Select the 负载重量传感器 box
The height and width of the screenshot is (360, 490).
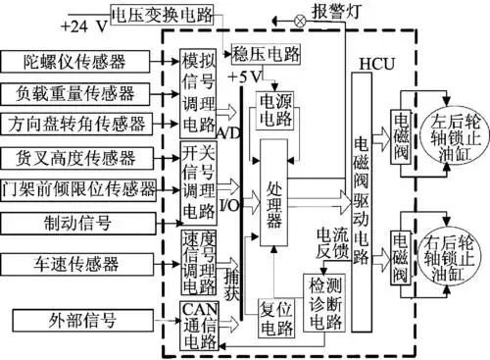point(75,94)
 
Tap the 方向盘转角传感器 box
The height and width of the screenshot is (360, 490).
point(75,125)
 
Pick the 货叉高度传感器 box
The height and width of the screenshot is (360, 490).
point(75,157)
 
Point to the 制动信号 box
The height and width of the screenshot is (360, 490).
point(75,222)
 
